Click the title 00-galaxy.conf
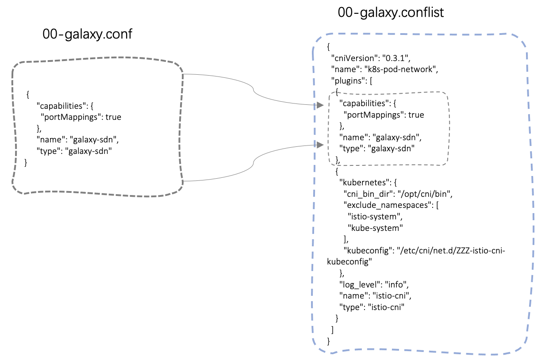click(x=87, y=34)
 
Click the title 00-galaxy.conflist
click(x=391, y=12)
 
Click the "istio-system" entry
click(x=374, y=217)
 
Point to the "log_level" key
click(x=360, y=284)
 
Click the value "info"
click(x=395, y=284)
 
